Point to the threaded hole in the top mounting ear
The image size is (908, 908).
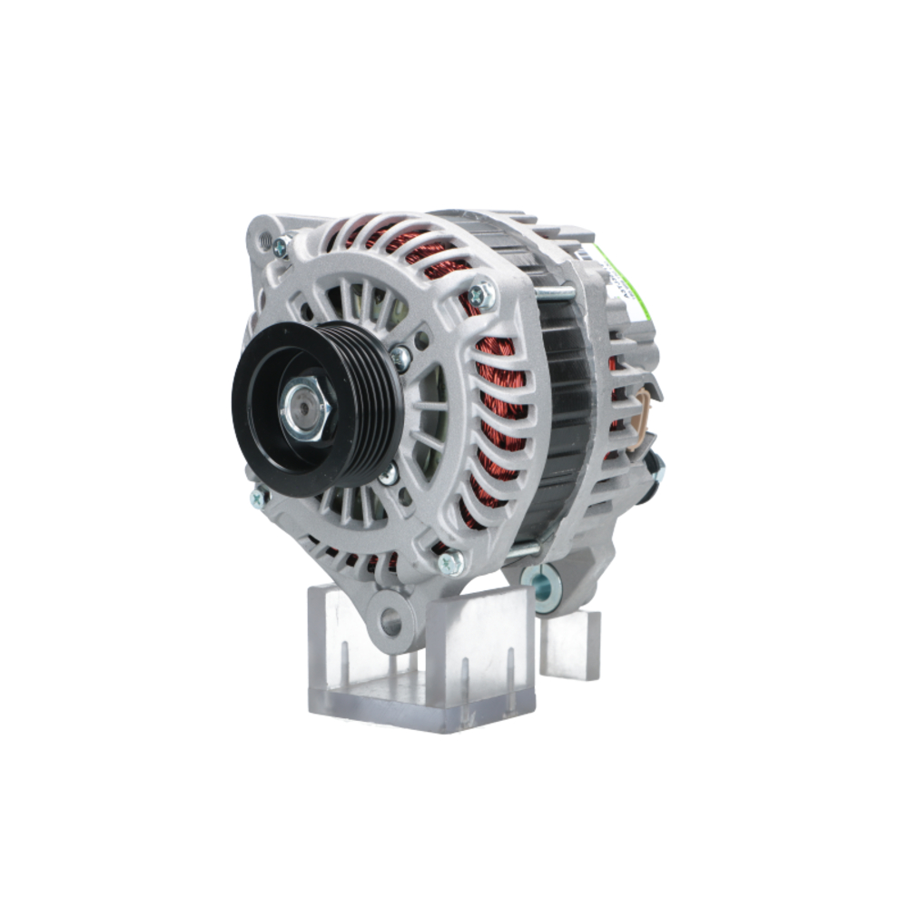(265, 242)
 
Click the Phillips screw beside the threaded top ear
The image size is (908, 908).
(282, 245)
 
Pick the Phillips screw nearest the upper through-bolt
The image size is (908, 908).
(482, 295)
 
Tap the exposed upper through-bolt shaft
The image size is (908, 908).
(554, 293)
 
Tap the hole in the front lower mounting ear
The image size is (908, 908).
(391, 622)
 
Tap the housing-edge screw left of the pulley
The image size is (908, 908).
(259, 497)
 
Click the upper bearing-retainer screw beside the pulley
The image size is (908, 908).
(400, 357)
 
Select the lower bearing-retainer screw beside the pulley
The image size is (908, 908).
(389, 475)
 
